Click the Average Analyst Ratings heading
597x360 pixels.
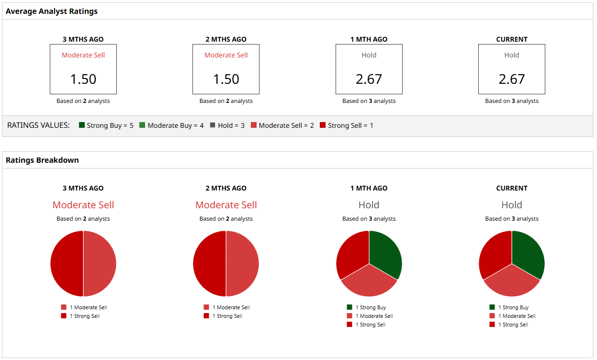coord(52,11)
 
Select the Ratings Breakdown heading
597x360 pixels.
coord(42,160)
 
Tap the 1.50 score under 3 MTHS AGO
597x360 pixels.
coord(83,79)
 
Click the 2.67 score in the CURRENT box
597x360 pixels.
coord(511,79)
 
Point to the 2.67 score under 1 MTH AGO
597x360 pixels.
coord(369,79)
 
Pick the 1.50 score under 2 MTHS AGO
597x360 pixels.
coord(226,79)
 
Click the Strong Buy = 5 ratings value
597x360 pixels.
coord(106,125)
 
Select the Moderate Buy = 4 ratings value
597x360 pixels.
coord(171,125)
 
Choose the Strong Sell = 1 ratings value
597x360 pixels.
coord(346,125)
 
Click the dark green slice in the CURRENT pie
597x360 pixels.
coord(528,254)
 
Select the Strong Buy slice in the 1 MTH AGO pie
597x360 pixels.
coord(385,254)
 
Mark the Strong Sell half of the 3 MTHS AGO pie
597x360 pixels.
coord(67,264)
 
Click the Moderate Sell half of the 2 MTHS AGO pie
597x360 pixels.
coord(242,264)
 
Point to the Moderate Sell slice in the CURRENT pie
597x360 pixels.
coord(512,282)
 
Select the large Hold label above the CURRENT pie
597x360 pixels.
coord(511,205)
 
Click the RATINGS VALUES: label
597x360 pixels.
coord(38,125)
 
